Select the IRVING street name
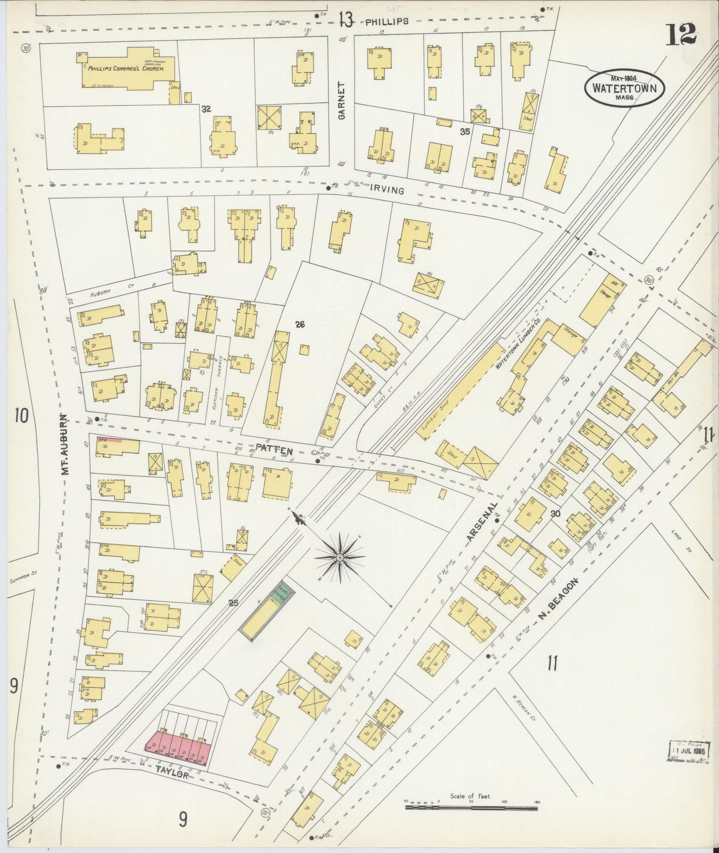tap(387, 190)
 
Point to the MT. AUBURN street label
tap(65, 444)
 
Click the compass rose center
tap(340, 558)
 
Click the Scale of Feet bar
tap(471, 807)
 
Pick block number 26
tap(300, 324)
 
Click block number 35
tap(465, 131)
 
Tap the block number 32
tap(206, 108)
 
